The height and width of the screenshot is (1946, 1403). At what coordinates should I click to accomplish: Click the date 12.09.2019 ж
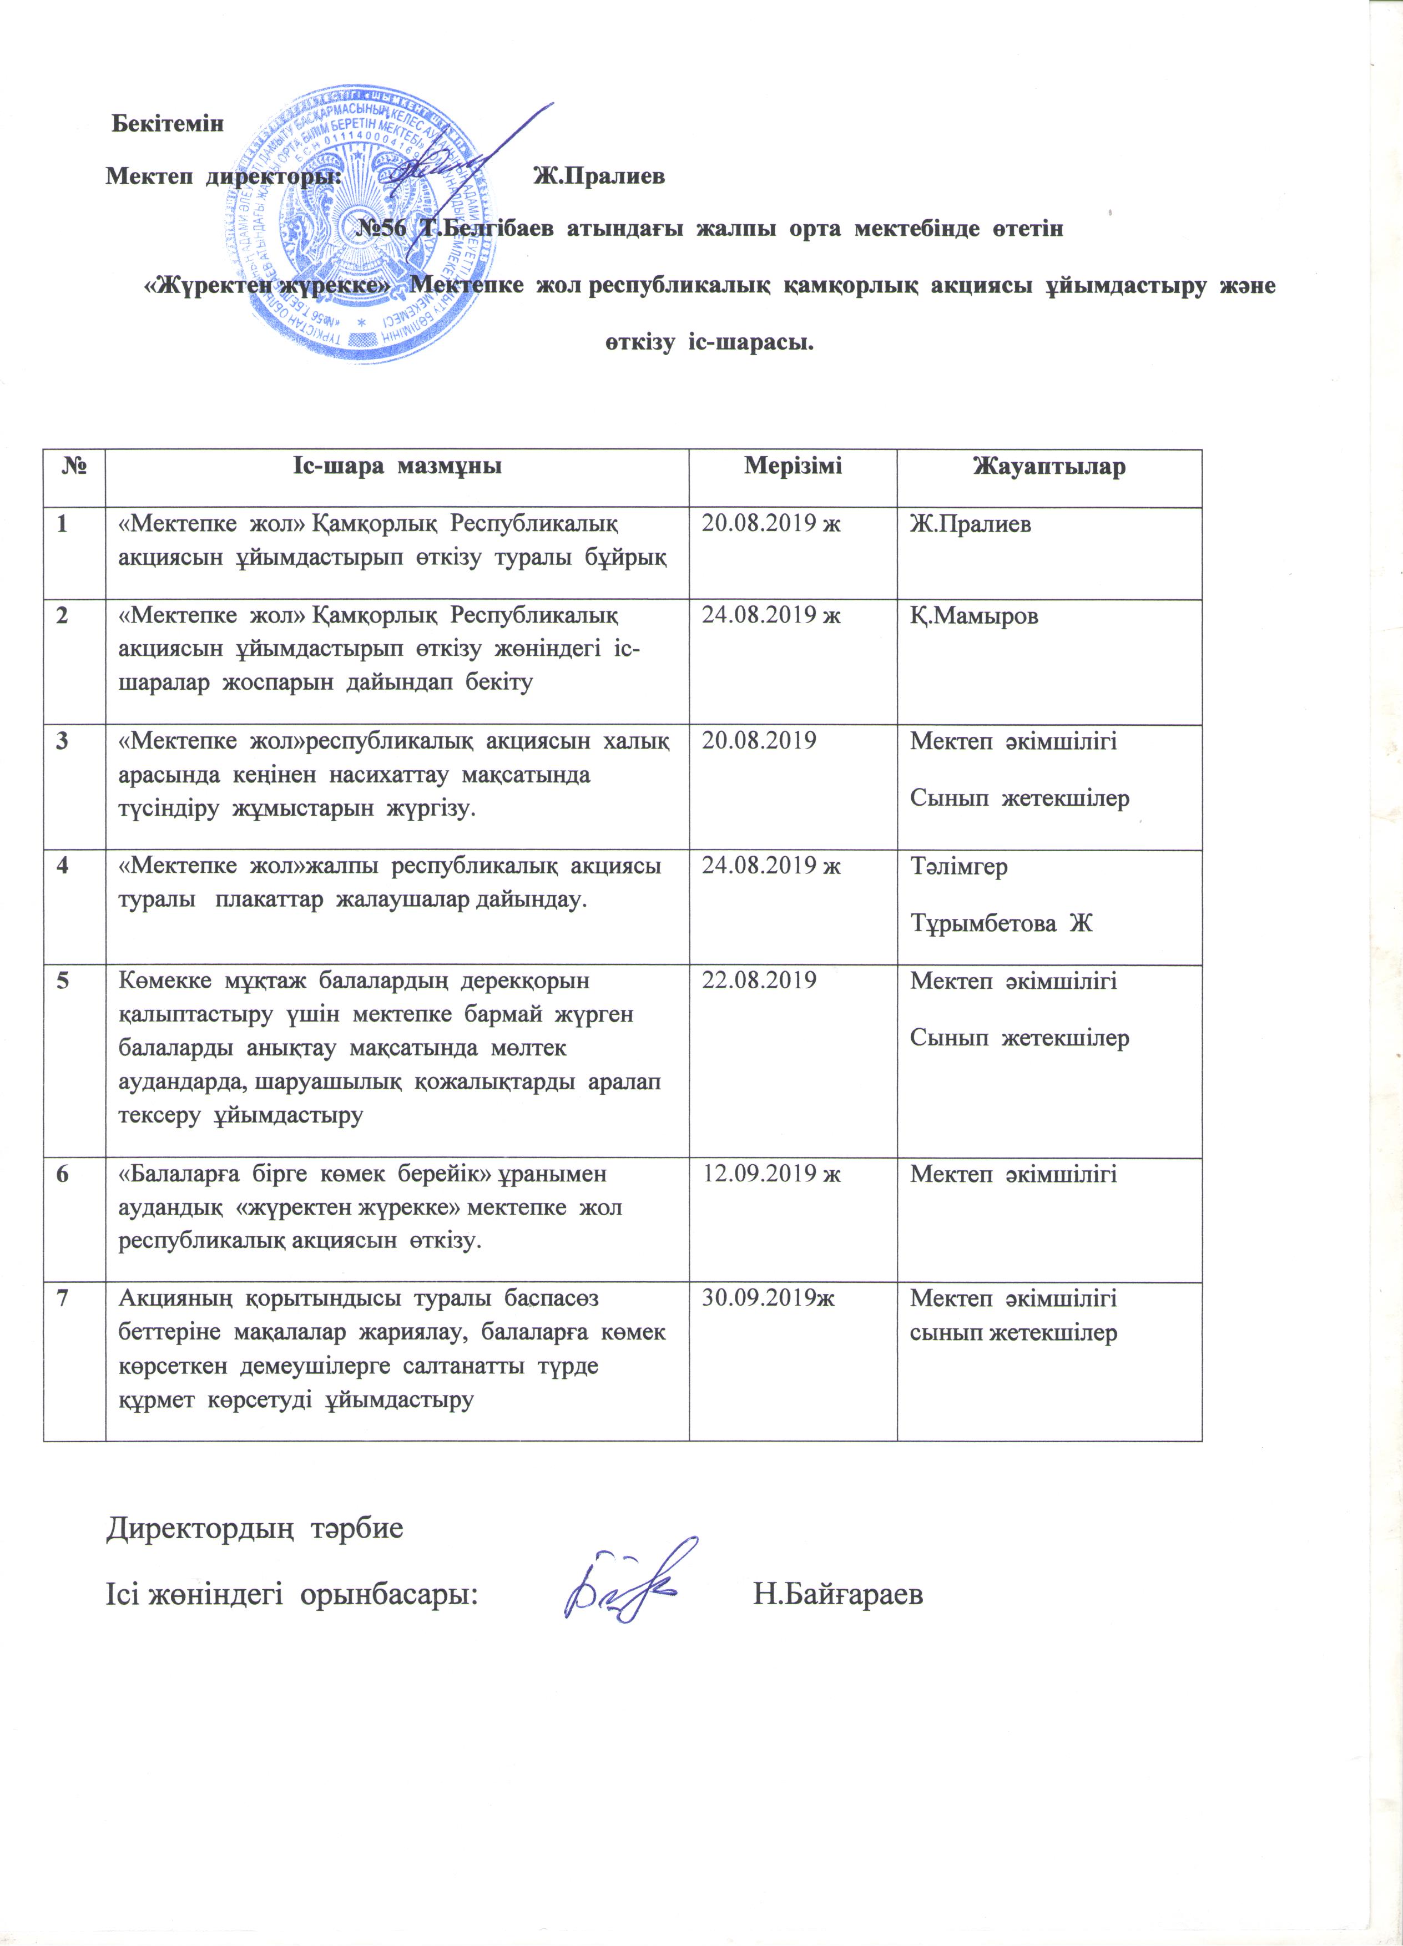coord(770,1174)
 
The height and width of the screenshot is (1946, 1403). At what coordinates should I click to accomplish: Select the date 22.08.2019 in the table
coord(759,980)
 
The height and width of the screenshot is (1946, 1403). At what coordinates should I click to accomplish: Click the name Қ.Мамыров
coord(974,616)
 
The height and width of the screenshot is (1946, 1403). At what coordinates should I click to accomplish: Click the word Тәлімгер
coord(958,867)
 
